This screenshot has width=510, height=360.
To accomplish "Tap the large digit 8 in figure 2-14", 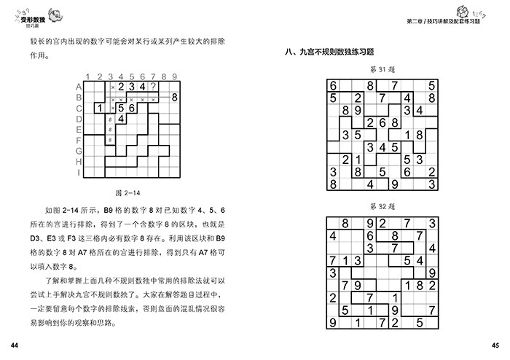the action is pyautogui.click(x=175, y=98).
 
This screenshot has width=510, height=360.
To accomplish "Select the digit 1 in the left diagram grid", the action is pyautogui.click(x=99, y=109).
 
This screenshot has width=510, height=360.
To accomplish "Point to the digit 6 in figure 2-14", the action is pyautogui.click(x=132, y=109).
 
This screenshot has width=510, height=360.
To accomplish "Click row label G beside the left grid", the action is pyautogui.click(x=77, y=152).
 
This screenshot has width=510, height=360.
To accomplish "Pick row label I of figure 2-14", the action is pyautogui.click(x=77, y=173).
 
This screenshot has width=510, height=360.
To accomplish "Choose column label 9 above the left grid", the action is pyautogui.click(x=175, y=77).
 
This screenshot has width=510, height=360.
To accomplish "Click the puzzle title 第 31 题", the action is pyautogui.click(x=382, y=69).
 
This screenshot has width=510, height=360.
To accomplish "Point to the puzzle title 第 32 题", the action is pyautogui.click(x=382, y=206).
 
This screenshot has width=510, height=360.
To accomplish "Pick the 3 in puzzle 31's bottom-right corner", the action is pyautogui.click(x=432, y=184).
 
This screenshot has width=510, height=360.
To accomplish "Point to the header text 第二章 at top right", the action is pyautogui.click(x=417, y=22).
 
